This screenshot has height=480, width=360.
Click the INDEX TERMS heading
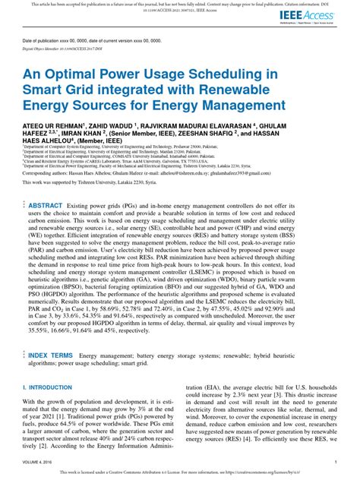51,355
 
